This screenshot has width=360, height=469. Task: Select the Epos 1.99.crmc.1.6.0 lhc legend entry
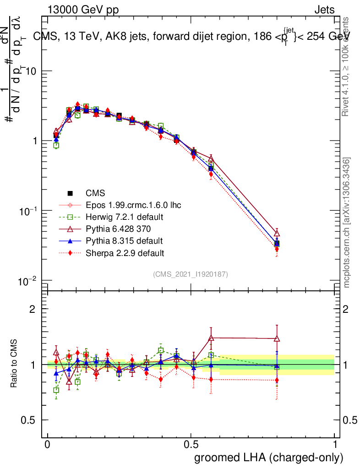133,205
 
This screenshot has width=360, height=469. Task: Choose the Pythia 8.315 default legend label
124,240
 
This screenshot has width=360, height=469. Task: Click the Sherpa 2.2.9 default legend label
125,252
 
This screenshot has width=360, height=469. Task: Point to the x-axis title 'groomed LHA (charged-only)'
269,457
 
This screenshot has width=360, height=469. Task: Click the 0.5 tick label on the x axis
191,444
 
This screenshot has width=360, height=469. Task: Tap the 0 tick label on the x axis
48,444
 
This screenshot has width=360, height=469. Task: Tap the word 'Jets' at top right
324,10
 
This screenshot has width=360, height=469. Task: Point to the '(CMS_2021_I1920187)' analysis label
191,274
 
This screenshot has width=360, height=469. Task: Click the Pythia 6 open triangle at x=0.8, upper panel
277,233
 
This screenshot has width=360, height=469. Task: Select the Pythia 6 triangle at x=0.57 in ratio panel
211,338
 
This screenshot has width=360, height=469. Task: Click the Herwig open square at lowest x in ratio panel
56,390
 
